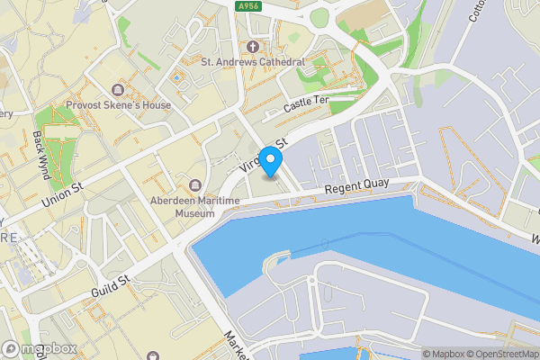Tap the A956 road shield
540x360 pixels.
pyautogui.click(x=249, y=6)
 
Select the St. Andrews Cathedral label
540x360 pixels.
pyautogui.click(x=253, y=62)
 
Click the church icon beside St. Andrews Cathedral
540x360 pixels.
pyautogui.click(x=253, y=46)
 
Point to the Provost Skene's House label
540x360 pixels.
pyautogui.click(x=118, y=104)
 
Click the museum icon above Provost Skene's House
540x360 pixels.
pyautogui.click(x=118, y=88)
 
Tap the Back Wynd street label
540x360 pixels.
pyautogui.click(x=40, y=153)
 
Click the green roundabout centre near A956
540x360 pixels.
pyautogui.click(x=319, y=18)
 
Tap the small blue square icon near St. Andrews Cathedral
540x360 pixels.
pyautogui.click(x=176, y=77)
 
